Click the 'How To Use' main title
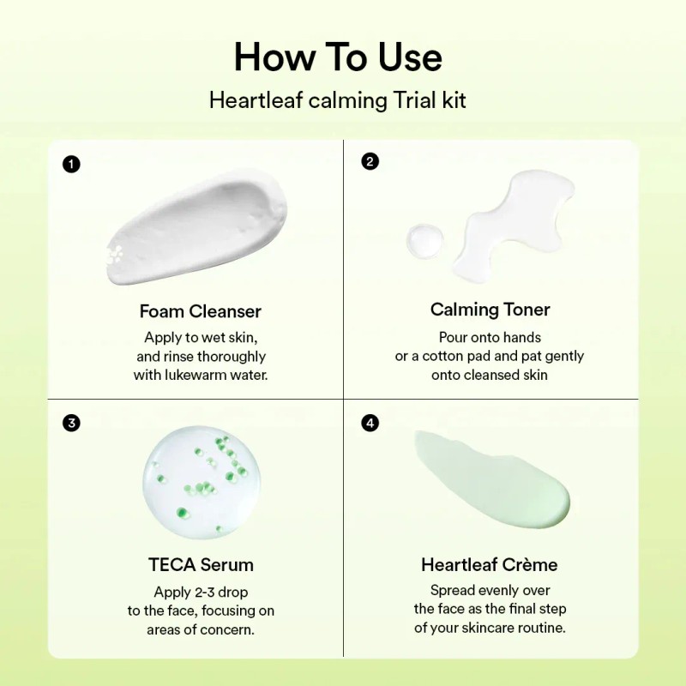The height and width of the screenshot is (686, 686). click(338, 57)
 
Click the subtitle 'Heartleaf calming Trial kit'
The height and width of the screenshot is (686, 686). click(338, 100)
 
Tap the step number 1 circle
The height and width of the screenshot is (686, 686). click(72, 164)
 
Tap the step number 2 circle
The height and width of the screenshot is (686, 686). click(370, 161)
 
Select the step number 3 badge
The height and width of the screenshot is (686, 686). click(72, 423)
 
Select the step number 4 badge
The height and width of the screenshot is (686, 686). click(370, 423)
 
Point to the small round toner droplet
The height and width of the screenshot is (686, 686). click(425, 241)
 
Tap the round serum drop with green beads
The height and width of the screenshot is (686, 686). click(202, 482)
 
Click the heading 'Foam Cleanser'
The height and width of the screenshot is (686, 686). click(201, 311)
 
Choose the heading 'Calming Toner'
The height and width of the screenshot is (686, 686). click(490, 310)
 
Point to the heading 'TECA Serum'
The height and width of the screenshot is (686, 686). click(201, 565)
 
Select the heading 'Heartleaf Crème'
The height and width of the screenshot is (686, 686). click(490, 565)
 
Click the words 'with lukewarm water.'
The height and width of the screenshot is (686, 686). click(201, 376)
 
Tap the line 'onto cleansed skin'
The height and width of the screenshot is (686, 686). click(490, 375)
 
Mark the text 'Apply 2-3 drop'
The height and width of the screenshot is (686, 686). click(201, 592)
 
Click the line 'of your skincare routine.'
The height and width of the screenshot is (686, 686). click(490, 628)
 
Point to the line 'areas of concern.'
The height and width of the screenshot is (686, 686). click(201, 630)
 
